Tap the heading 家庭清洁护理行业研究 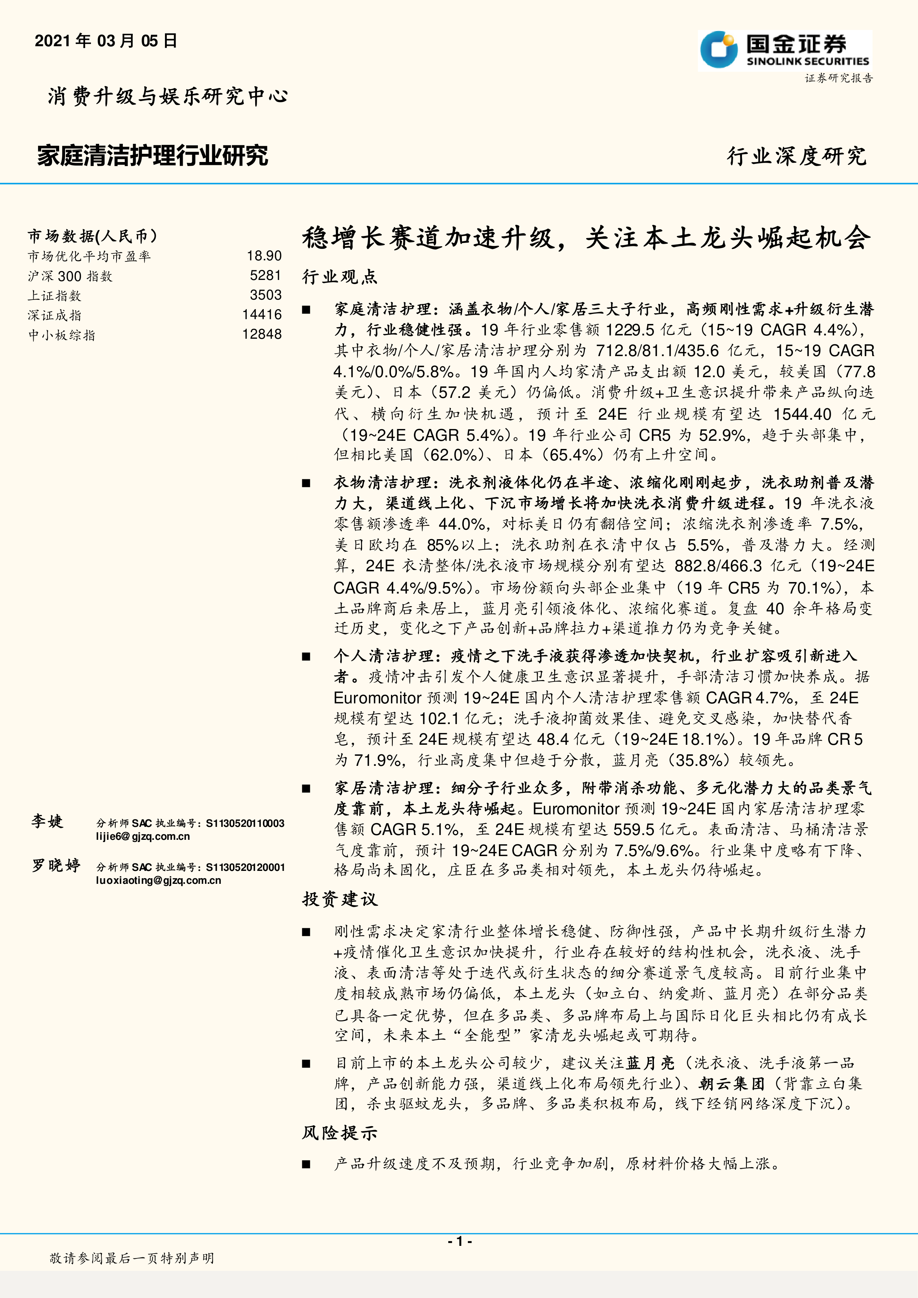(153, 155)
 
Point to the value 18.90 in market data (264, 256)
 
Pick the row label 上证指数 (55, 296)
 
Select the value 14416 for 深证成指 (262, 315)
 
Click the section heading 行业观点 (340, 277)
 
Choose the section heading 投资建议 (340, 899)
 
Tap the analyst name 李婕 (47, 821)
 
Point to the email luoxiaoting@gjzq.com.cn (158, 880)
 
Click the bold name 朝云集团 (732, 1084)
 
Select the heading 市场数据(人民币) (93, 236)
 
